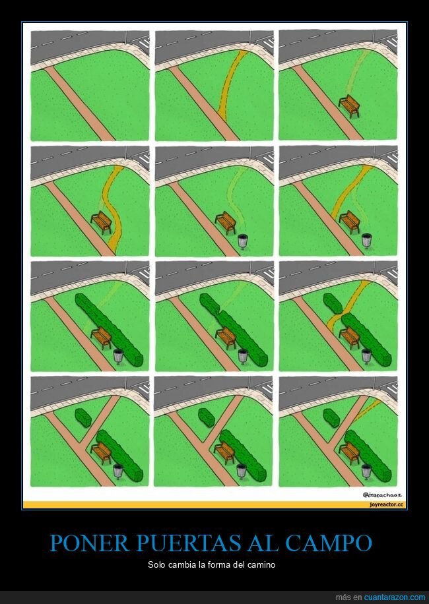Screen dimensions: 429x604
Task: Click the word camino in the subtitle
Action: click(x=263, y=565)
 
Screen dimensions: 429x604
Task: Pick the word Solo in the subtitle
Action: click(x=157, y=565)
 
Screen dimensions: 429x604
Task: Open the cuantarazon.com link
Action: click(x=395, y=597)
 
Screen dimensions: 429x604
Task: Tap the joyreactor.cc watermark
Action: click(x=387, y=504)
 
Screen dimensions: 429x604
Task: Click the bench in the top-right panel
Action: click(x=349, y=105)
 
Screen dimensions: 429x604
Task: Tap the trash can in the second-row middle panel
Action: click(x=243, y=241)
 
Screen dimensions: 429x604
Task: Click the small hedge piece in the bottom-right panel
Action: click(x=331, y=417)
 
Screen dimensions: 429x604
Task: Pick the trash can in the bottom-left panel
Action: click(x=118, y=471)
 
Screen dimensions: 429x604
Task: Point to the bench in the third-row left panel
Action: click(x=102, y=338)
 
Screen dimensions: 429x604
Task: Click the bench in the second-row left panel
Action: click(x=102, y=222)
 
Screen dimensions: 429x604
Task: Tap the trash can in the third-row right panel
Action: click(x=366, y=356)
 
